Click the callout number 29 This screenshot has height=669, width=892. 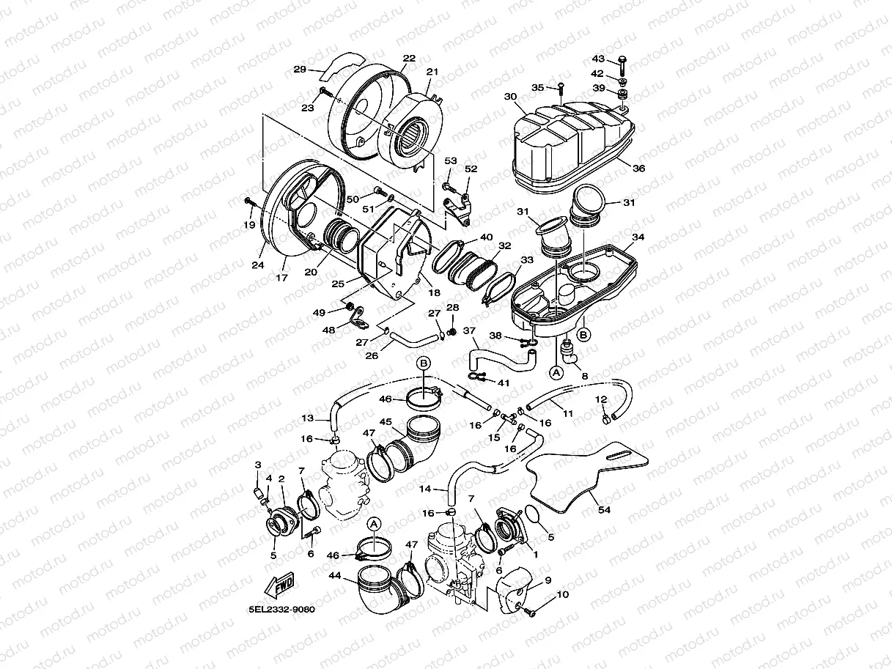tap(299, 70)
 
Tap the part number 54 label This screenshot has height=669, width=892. tap(603, 509)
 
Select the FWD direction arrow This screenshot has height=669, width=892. tap(279, 585)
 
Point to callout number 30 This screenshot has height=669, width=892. tap(510, 97)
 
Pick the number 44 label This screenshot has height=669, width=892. tap(336, 575)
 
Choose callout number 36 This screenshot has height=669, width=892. tap(638, 169)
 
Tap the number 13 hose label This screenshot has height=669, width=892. tap(307, 418)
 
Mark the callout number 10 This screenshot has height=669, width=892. tap(562, 595)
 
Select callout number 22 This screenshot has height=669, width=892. tap(409, 58)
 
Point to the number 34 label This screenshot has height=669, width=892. tap(638, 237)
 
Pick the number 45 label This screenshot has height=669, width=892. tap(386, 421)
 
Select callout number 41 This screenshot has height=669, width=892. tap(503, 382)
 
